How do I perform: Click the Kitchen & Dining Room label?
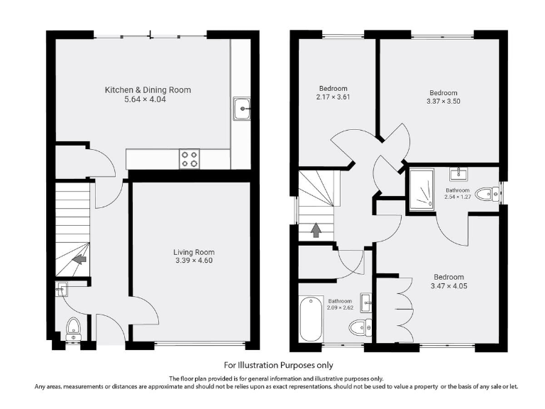(148, 90)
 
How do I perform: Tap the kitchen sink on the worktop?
(241, 109)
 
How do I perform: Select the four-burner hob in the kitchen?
(189, 158)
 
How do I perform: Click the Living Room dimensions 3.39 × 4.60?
(194, 261)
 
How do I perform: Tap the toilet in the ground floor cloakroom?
(72, 327)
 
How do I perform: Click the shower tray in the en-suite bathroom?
(423, 190)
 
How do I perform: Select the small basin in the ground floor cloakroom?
(60, 288)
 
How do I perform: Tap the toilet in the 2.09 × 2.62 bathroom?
(360, 327)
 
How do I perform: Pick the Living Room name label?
(194, 252)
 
